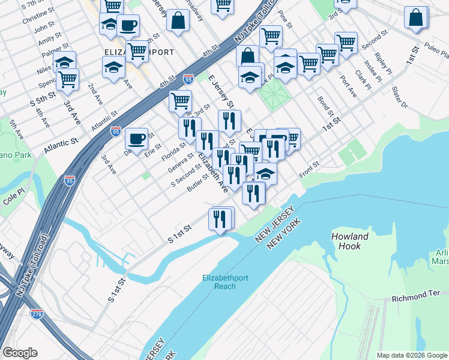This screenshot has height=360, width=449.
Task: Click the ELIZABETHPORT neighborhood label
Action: (x=139, y=52)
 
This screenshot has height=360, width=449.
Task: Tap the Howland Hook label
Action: (x=350, y=241)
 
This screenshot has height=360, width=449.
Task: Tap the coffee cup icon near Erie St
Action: (x=137, y=139)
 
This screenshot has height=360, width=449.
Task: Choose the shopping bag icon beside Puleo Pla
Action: (x=415, y=18)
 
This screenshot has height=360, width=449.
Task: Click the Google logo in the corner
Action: (x=20, y=353)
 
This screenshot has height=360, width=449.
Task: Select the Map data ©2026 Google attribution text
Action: (x=412, y=355)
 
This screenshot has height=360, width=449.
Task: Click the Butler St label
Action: (x=197, y=182)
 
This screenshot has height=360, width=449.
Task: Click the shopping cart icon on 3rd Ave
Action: (x=67, y=79)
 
